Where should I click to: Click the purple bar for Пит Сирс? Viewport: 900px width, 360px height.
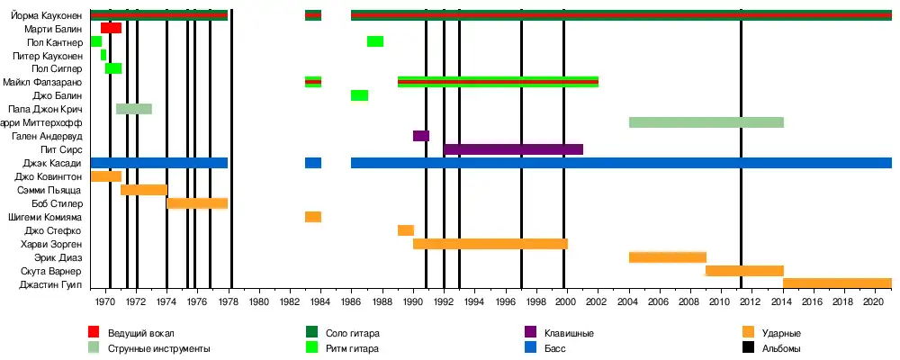[513, 149]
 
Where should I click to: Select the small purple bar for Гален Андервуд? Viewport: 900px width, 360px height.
[421, 136]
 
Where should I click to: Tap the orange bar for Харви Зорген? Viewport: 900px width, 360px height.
[490, 244]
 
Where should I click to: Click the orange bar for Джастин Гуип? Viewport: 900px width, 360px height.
[837, 283]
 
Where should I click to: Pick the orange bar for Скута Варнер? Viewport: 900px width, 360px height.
[744, 270]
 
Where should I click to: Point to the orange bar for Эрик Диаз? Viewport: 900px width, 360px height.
[667, 257]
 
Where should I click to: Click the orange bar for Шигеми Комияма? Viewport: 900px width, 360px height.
[313, 217]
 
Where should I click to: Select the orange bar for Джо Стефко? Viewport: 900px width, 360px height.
[406, 230]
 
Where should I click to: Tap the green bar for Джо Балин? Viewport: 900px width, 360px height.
[359, 95]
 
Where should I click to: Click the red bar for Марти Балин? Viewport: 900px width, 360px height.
[112, 28]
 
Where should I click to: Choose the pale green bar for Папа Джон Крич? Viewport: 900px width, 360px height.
[134, 109]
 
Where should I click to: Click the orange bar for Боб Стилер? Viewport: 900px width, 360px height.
[197, 203]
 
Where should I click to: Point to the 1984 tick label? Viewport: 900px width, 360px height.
[320, 299]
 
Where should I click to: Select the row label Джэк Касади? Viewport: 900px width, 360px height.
[57, 163]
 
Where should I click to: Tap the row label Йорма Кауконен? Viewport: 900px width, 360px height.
[46, 15]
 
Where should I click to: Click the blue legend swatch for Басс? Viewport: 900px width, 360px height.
[532, 348]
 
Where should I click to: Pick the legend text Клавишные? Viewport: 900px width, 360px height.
[570, 334]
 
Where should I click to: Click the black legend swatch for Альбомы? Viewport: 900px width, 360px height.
[750, 348]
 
